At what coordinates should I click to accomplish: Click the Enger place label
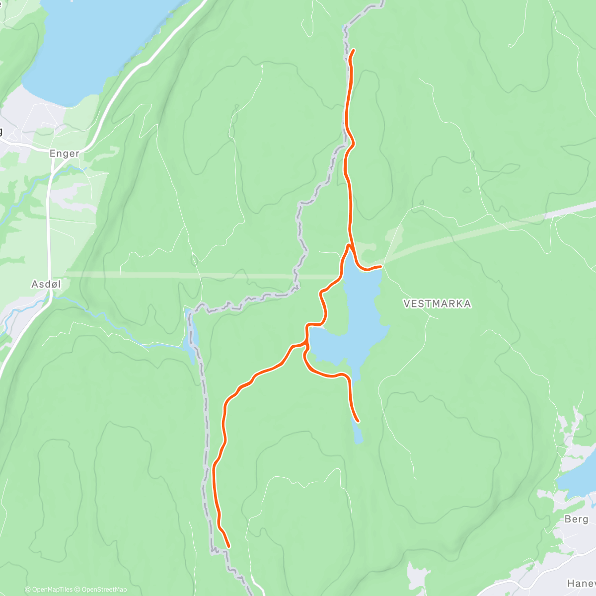point(64,153)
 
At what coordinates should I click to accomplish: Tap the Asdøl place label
point(46,285)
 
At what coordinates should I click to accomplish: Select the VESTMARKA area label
point(437,303)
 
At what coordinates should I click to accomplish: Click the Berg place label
point(577,519)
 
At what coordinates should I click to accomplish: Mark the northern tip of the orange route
point(353,50)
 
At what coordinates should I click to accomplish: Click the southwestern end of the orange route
point(228,547)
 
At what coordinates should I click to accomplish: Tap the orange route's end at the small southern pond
point(358,421)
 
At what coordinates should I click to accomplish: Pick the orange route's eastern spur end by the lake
point(380,267)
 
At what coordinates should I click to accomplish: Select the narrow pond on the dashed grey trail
point(192,335)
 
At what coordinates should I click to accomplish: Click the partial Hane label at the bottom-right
point(581,584)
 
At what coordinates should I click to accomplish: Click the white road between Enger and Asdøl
point(49,223)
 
